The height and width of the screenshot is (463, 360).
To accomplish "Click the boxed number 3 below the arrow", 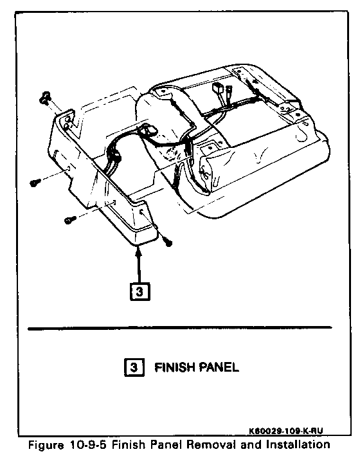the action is point(140,292).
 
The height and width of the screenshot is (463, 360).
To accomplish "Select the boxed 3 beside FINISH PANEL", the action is point(134,367).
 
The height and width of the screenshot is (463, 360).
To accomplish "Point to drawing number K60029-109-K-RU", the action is point(286,431).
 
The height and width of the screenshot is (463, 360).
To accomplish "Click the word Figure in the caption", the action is point(46,445).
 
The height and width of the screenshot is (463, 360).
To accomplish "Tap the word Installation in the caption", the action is point(298,444).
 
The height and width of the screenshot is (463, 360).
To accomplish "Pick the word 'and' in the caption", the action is point(251,444).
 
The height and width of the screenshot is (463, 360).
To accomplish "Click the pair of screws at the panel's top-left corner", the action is point(44,98).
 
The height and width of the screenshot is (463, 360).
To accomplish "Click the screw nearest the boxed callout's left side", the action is point(69,220).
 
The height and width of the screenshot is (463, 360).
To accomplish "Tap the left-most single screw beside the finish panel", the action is point(35,183).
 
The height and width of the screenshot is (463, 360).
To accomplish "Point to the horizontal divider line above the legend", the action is point(180,328).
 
